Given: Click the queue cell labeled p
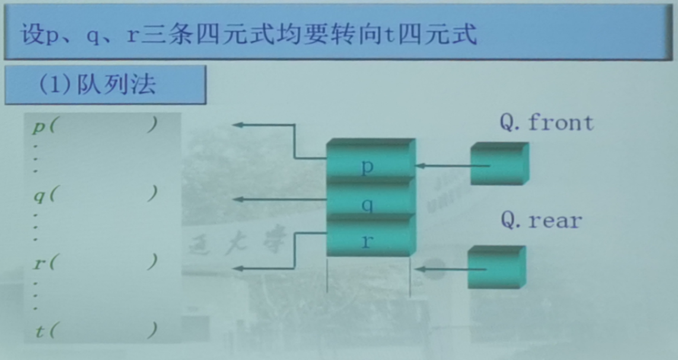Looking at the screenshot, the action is (x=368, y=166).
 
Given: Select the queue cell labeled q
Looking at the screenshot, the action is (x=368, y=204).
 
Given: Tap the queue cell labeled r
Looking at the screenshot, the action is (x=368, y=241).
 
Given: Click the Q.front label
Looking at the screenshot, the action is (x=546, y=123).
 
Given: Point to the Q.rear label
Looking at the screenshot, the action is (x=541, y=221).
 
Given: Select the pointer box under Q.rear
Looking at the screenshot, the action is (x=496, y=267).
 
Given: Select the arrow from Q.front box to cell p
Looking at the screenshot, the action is (x=451, y=166).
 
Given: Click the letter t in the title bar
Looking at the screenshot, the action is (x=389, y=35).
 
